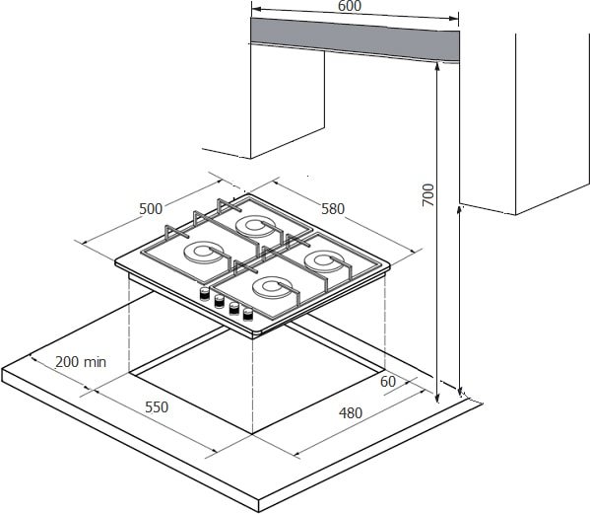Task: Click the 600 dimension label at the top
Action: pos(350,6)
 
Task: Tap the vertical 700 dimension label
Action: pos(428,194)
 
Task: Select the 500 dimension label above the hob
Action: pos(151,209)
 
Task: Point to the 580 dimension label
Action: pos(333,209)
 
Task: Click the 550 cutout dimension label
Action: pos(157,407)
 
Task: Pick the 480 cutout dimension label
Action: pos(351,413)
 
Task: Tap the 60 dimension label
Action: pos(388,382)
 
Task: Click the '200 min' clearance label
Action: pos(81,362)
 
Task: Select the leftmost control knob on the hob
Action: pos(204,294)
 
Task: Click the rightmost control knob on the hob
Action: pos(248,315)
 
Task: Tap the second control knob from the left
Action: pos(219,301)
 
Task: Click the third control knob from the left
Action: pos(234,308)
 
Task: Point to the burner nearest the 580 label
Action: pos(257,227)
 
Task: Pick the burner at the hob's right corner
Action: pos(325,261)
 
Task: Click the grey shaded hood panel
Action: pos(355,38)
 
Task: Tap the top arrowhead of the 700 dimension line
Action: pos(437,67)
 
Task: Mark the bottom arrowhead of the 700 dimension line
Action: pos(437,398)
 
